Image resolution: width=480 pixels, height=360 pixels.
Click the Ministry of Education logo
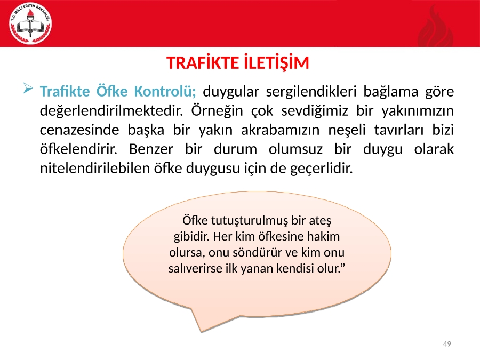tap(30, 23)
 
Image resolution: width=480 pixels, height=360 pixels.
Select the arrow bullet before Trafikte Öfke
tap(28, 89)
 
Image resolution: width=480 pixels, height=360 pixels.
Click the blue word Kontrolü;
tap(165, 91)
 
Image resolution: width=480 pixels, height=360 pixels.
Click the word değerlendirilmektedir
tap(111, 110)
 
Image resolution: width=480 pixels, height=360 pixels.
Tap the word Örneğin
tap(217, 110)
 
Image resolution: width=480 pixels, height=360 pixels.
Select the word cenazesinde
tap(79, 130)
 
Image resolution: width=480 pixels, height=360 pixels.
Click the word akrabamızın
tap(281, 130)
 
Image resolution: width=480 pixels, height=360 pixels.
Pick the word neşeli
tap(347, 130)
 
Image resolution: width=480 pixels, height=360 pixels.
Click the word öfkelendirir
tap(79, 149)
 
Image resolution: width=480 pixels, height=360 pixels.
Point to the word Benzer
tap(151, 149)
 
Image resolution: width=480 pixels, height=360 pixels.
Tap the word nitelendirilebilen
tap(95, 169)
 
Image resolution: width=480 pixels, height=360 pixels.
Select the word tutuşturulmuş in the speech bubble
tap(250, 221)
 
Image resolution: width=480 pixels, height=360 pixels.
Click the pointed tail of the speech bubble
tap(201, 332)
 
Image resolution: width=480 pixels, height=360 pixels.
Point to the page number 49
tap(447, 344)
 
